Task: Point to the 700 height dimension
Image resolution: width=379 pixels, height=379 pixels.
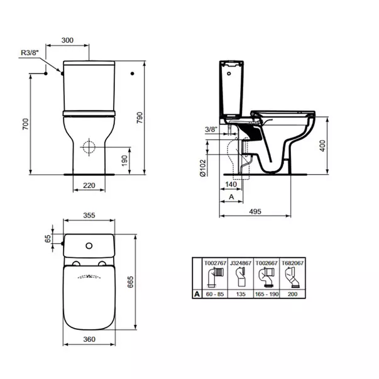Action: (x=26, y=125)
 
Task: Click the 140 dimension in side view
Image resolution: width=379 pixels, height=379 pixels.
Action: (x=230, y=185)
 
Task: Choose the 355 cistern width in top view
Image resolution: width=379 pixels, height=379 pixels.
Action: (x=89, y=216)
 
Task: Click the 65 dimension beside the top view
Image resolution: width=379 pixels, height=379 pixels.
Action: (x=48, y=239)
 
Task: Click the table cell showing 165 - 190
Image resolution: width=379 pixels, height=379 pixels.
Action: (x=266, y=294)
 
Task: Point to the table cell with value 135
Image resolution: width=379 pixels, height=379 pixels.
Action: (x=240, y=294)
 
